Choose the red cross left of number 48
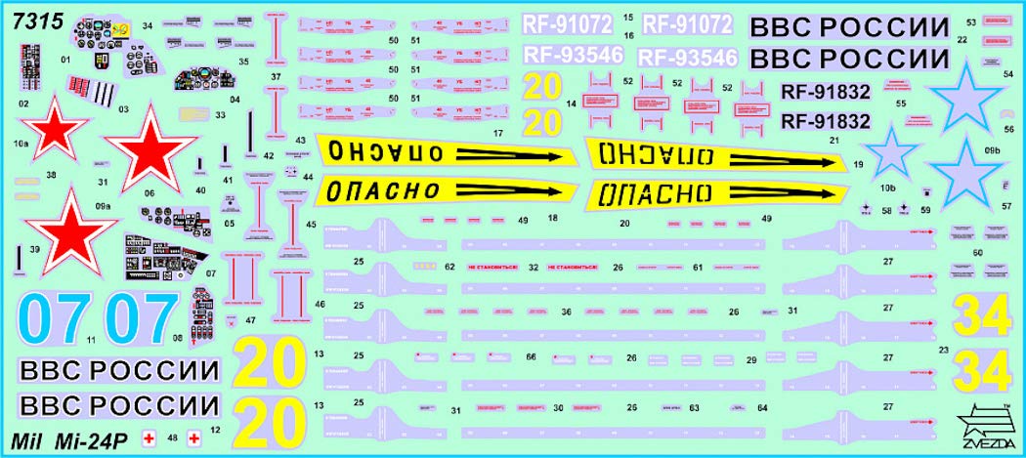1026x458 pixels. coord(150,438)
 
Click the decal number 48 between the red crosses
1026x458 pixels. coord(172,438)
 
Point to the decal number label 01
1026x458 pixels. coord(66,60)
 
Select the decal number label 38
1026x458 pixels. coord(51,176)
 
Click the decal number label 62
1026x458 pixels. coord(449,266)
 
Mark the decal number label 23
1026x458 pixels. coord(943,349)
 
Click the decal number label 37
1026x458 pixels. coord(277,76)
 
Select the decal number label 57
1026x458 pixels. coord(1006,206)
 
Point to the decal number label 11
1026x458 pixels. coord(91,341)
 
